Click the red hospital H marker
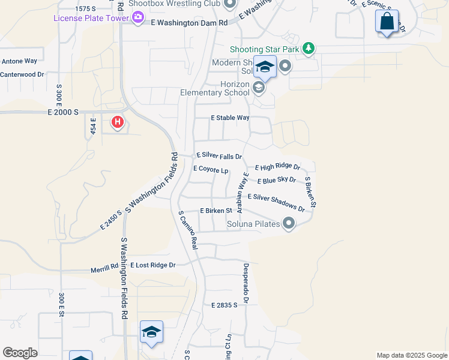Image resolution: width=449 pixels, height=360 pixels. (118, 123)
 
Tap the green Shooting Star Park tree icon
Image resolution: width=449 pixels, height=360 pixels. (309, 49)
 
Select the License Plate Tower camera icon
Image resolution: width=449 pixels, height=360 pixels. (139, 18)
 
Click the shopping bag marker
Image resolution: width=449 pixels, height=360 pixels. (387, 22)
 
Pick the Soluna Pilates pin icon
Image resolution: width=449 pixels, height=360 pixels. (289, 224)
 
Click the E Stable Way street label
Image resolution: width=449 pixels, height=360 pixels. (230, 118)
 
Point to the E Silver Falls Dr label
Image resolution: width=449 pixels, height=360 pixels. (218, 156)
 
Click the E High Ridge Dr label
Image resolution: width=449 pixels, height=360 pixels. (277, 167)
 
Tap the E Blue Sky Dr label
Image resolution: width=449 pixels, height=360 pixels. (276, 180)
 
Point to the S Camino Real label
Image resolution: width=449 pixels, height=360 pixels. (188, 229)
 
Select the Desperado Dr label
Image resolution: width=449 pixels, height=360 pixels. (246, 283)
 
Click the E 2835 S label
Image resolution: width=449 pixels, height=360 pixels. (224, 305)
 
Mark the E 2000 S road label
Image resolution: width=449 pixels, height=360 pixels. (64, 112)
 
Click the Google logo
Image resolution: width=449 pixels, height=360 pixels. (20, 353)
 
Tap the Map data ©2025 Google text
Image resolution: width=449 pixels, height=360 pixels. (411, 355)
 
